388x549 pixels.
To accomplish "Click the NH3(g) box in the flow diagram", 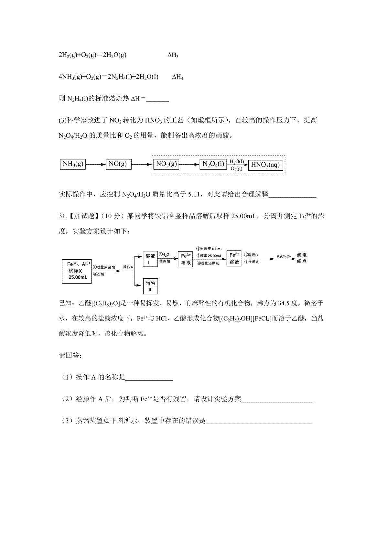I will [72, 164].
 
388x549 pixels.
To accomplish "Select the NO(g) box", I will [118, 164].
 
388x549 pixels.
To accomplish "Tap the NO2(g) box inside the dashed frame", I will [167, 164].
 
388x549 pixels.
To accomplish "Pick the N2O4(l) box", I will [213, 164].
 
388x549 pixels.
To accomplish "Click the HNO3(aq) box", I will [265, 165].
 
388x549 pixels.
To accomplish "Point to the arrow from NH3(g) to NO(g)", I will [96, 164].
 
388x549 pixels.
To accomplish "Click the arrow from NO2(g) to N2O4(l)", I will [189, 165].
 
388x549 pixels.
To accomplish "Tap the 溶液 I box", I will [150, 259].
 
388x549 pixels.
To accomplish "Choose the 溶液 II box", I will [150, 286].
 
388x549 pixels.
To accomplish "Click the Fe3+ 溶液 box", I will [186, 259].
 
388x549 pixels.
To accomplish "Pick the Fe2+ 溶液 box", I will [234, 259].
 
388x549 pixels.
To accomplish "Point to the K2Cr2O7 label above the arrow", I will [284, 257].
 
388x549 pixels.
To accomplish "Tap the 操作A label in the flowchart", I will [128, 267].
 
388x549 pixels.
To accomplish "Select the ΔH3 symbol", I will [173, 55].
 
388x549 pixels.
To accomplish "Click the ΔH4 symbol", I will [178, 77].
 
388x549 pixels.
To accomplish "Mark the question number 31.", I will [62, 216].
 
